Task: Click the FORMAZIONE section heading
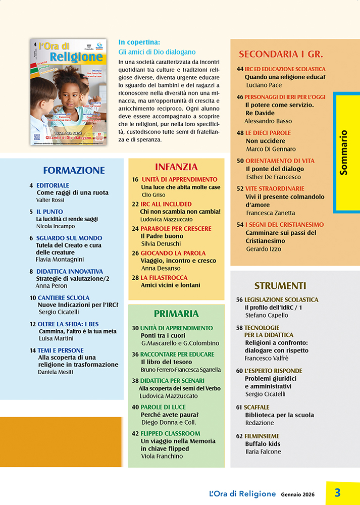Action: click(x=74, y=170)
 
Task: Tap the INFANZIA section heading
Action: click(x=176, y=167)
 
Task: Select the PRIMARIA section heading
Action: click(x=176, y=314)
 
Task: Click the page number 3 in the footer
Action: click(x=338, y=492)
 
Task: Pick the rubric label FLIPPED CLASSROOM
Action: click(x=170, y=433)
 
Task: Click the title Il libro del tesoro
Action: click(x=166, y=362)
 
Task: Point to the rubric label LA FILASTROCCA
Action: click(x=164, y=278)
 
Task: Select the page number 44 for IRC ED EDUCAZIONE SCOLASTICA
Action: click(x=240, y=69)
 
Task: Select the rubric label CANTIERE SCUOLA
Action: click(x=63, y=298)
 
